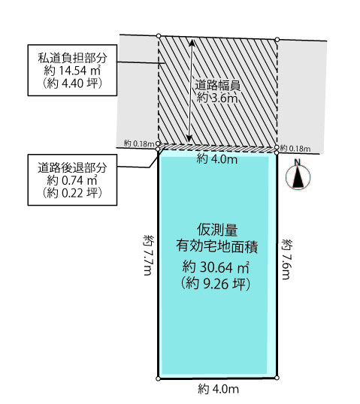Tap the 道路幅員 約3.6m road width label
pos(217,92)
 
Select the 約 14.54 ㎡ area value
pos(72,71)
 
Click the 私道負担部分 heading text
pos(72,58)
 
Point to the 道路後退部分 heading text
pos(72,167)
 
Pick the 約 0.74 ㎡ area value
pos(72,180)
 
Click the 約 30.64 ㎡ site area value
pos(216,267)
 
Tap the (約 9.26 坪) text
pos(216,284)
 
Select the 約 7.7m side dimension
pos(149,255)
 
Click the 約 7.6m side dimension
pos(287,259)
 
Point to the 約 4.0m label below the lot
pos(218,389)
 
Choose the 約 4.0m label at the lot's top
pos(217,159)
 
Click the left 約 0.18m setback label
pos(138,143)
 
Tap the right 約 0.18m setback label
pos(295,149)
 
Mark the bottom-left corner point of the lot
pos(158,378)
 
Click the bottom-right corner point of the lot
pos(277,378)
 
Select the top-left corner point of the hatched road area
pos(159,35)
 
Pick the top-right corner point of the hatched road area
pos(277,39)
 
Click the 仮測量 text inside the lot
pos(217,230)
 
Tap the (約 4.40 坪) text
pos(72,83)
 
